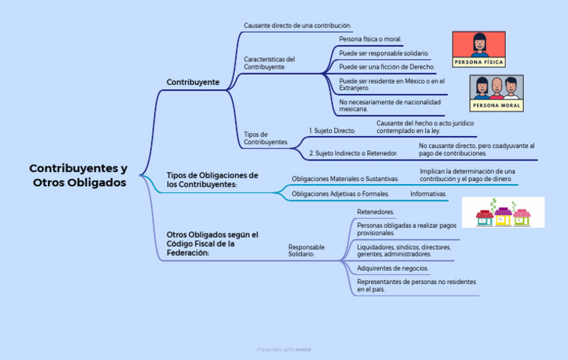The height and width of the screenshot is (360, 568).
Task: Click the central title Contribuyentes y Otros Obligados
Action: tap(78, 175)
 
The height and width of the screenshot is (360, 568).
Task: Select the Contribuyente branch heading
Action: tap(193, 82)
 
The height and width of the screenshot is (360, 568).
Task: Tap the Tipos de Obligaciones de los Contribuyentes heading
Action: tap(212, 180)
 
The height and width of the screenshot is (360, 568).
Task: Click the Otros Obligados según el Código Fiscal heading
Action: tap(212, 244)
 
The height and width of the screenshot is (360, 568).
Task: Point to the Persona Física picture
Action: tap(479, 50)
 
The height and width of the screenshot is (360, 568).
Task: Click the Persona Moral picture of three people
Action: tap(496, 93)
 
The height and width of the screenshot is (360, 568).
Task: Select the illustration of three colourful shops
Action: tap(503, 212)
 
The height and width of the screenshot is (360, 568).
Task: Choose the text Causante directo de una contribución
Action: tap(297, 26)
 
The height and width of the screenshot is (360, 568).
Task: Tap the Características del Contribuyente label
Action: tap(269, 63)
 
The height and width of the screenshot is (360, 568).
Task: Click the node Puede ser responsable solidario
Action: tap(384, 53)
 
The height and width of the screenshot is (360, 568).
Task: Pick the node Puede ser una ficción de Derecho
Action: tap(387, 67)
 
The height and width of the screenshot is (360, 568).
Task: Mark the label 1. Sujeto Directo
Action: tap(332, 131)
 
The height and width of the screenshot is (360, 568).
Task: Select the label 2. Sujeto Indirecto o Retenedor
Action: tap(354, 153)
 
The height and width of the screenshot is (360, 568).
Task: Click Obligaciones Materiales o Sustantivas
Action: tap(345, 179)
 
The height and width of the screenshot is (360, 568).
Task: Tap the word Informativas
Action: tap(428, 194)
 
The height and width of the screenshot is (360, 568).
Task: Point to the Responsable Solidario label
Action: tap(306, 251)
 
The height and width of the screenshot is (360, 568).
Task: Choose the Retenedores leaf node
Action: tap(375, 212)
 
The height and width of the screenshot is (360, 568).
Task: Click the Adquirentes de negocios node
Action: tap(393, 268)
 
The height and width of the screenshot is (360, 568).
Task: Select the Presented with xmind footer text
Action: tap(284, 350)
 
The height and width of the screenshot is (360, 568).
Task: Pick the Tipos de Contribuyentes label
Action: tap(266, 138)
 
